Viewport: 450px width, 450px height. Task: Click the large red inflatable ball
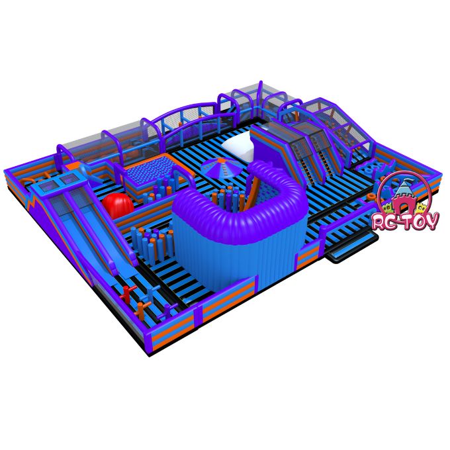118,206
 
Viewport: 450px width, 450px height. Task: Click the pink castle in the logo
404,197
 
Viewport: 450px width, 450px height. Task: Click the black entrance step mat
353,248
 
